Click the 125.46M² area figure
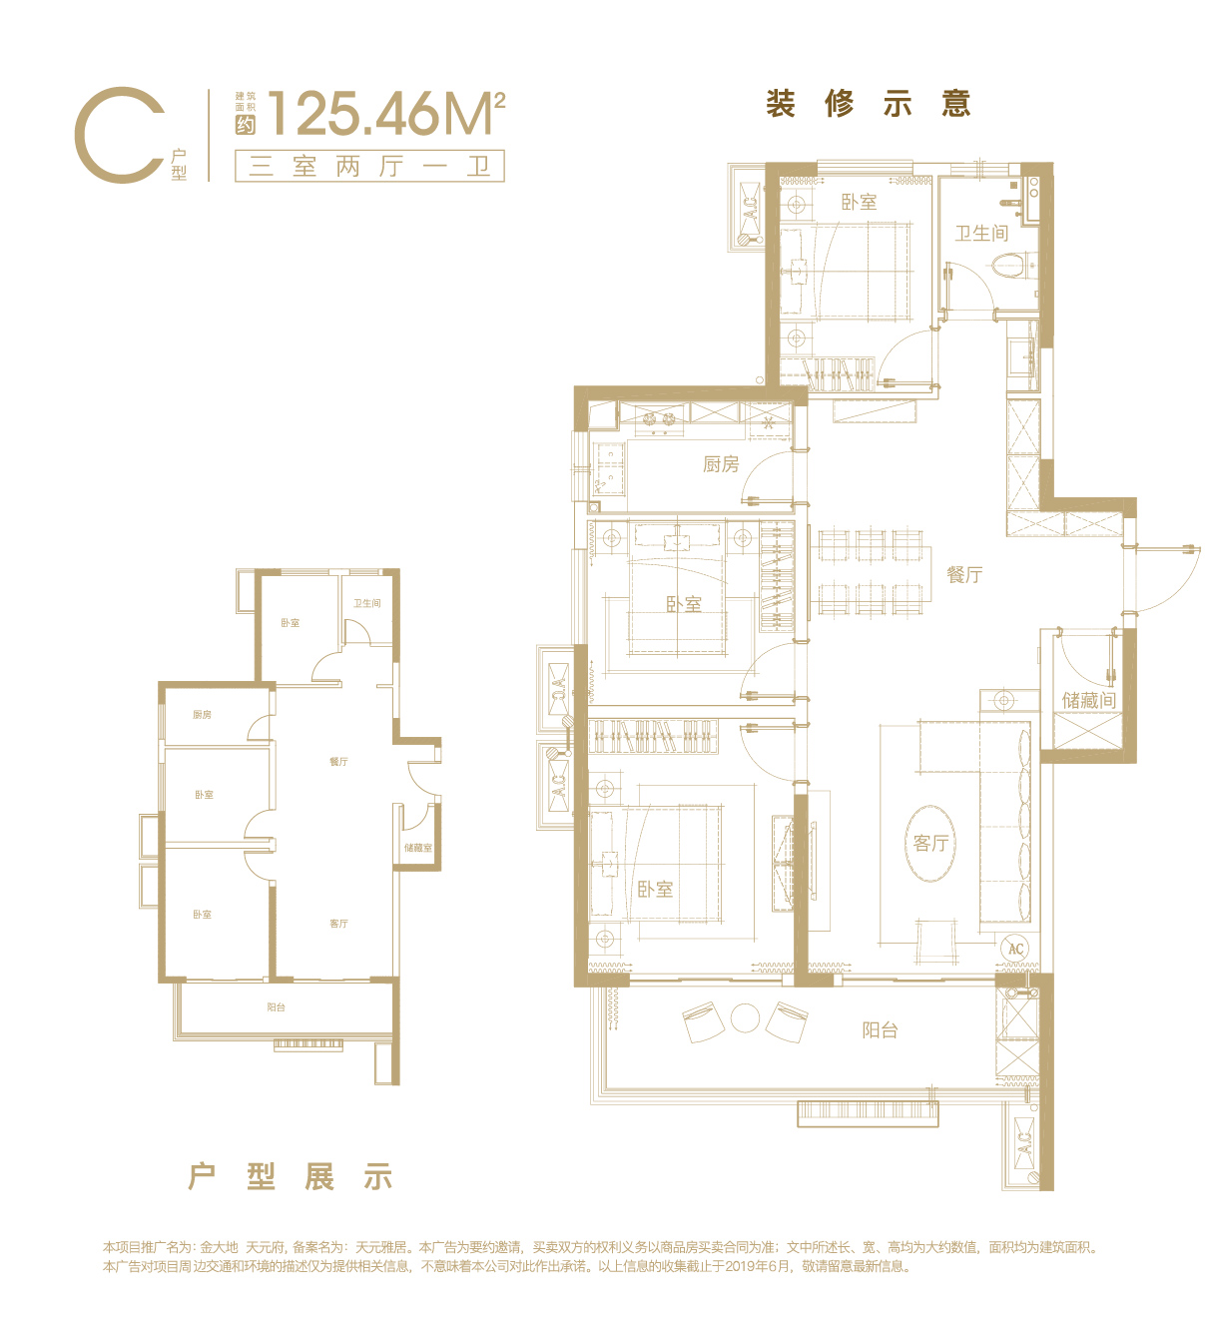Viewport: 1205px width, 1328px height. pyautogui.click(x=386, y=113)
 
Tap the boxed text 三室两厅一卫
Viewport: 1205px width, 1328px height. pyautogui.click(x=369, y=166)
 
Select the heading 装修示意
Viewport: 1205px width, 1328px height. pyautogui.click(x=868, y=103)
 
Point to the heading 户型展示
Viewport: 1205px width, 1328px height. pyautogui.click(x=291, y=1177)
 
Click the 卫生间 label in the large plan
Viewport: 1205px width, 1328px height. pyautogui.click(x=981, y=233)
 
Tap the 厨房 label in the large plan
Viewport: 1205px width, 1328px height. pyautogui.click(x=721, y=464)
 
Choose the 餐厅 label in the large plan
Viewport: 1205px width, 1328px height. pyautogui.click(x=964, y=574)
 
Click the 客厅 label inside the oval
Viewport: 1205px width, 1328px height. pyautogui.click(x=930, y=843)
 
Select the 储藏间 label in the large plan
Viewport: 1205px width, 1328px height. pyautogui.click(x=1088, y=700)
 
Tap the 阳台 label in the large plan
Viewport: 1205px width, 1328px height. pyautogui.click(x=880, y=1030)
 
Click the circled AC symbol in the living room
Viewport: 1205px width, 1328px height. pyautogui.click(x=1015, y=949)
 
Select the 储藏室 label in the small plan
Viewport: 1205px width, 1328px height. pyautogui.click(x=417, y=848)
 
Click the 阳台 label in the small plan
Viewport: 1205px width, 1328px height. pyautogui.click(x=277, y=1006)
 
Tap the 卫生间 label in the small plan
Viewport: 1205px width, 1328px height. pyautogui.click(x=366, y=603)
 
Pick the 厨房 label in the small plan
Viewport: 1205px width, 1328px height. pyautogui.click(x=202, y=714)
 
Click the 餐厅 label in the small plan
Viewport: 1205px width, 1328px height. pyautogui.click(x=339, y=761)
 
